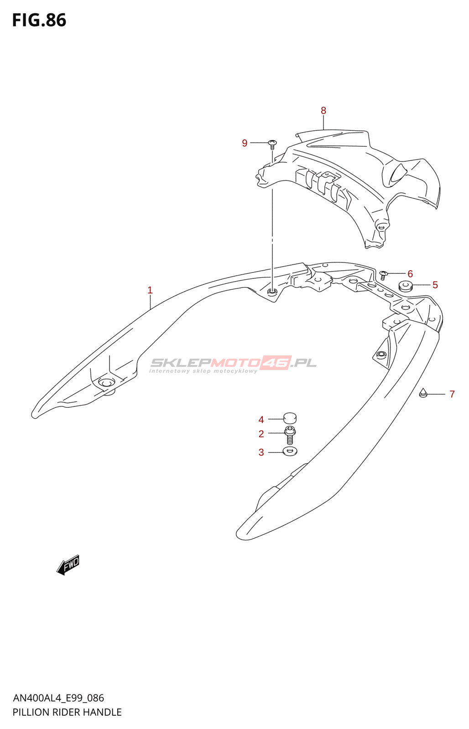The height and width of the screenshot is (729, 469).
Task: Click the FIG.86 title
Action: click(39, 21)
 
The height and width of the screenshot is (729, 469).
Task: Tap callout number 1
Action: click(150, 290)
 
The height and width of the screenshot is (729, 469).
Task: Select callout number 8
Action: click(323, 111)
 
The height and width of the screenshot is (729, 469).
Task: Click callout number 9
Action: click(245, 143)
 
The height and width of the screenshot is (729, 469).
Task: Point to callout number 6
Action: click(410, 274)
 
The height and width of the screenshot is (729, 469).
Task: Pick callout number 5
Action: click(435, 285)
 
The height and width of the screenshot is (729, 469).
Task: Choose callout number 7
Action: click(452, 394)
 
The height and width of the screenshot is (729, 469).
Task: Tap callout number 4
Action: click(261, 420)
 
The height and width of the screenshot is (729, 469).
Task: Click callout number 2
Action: click(261, 434)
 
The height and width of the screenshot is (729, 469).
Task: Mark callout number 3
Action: click(261, 452)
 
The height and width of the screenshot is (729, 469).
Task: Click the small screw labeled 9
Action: click(272, 144)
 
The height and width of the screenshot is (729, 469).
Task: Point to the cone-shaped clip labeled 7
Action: click(423, 392)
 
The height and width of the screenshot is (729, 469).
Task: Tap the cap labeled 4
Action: click(290, 417)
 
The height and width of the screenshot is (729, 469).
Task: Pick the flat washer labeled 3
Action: click(290, 452)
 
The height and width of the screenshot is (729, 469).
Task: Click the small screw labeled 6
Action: click(383, 275)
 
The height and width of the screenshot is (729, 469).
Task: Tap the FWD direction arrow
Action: click(68, 565)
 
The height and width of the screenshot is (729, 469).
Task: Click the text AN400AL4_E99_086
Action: click(58, 698)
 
